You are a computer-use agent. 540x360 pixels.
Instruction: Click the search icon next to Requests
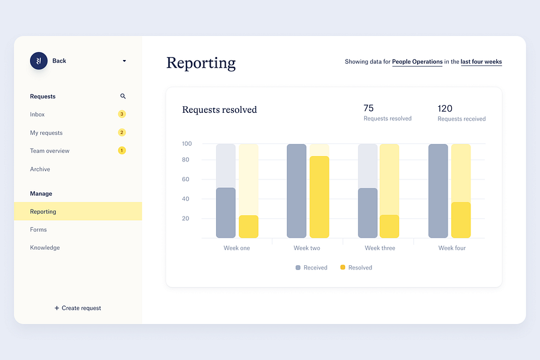(123, 96)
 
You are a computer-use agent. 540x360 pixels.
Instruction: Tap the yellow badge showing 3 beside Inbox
(122, 114)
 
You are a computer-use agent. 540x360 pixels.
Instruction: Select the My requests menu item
(46, 133)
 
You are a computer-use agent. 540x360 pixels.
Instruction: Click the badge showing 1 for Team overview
(122, 151)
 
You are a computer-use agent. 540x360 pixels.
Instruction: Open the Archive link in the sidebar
(40, 169)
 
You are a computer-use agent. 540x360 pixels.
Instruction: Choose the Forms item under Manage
(38, 229)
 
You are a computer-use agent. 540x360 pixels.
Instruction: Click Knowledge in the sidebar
(45, 248)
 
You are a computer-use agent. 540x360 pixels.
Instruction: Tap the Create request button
(78, 308)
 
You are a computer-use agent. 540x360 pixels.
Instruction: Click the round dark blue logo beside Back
(38, 61)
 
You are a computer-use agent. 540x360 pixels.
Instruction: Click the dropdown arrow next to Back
(124, 61)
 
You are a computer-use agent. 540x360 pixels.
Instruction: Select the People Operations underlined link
(417, 62)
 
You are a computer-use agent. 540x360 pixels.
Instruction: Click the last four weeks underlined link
(481, 62)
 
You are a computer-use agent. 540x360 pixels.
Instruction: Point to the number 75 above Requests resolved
(368, 108)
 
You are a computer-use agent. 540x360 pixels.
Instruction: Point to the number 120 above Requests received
(445, 109)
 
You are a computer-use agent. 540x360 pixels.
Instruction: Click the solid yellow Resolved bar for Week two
(319, 197)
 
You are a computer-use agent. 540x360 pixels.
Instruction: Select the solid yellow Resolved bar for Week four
(461, 220)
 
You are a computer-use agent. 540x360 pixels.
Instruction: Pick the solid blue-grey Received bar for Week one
(226, 213)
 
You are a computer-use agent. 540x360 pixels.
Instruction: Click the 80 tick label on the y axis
(185, 160)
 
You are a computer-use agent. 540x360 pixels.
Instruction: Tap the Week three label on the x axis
(380, 248)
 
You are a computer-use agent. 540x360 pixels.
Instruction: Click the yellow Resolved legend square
(343, 268)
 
